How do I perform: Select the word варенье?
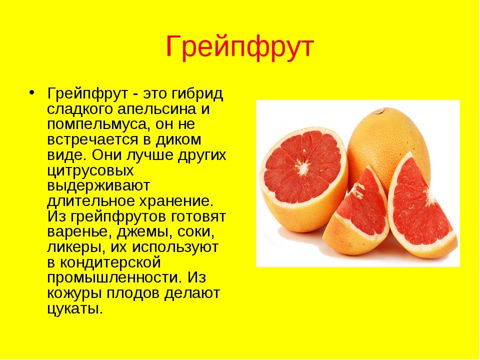76,232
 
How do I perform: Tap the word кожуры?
72,293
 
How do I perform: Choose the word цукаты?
74,308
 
